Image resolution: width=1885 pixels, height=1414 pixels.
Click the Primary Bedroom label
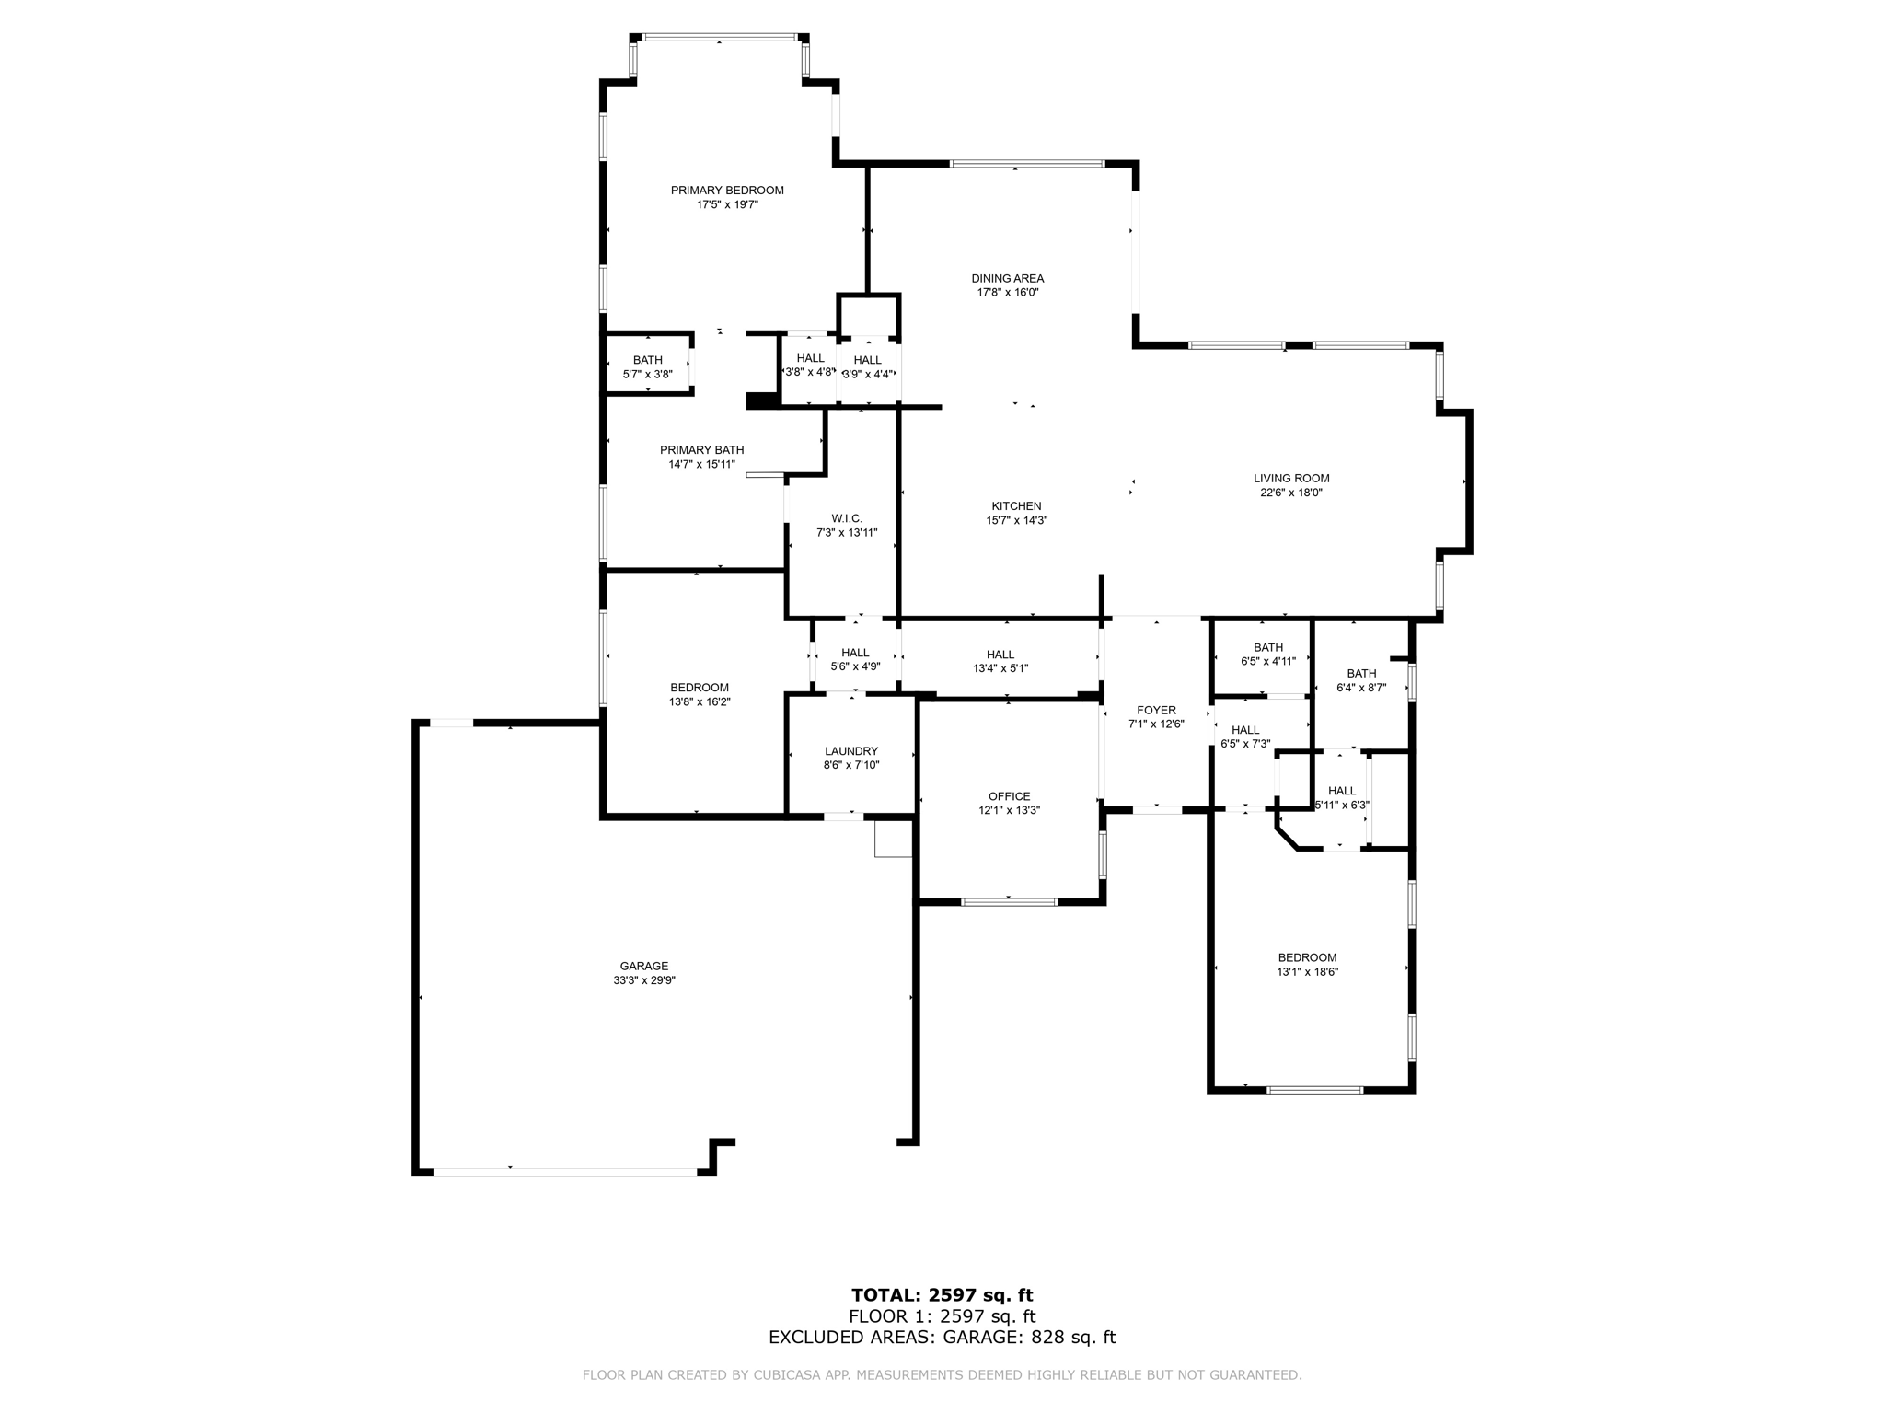[727, 191]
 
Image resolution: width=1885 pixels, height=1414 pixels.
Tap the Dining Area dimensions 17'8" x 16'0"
[1007, 293]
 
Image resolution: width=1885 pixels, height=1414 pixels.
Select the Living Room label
[1290, 479]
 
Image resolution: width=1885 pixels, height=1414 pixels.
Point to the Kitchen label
[1016, 506]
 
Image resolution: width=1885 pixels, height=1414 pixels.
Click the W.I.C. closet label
[846, 518]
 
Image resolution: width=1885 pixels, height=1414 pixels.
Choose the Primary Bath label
[701, 450]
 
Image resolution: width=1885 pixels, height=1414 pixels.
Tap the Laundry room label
[850, 751]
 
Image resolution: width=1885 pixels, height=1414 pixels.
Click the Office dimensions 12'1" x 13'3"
[1009, 811]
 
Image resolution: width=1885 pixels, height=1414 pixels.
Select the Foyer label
[1156, 711]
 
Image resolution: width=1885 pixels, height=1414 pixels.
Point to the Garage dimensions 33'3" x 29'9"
[643, 980]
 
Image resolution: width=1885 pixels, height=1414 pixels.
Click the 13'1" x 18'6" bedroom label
[1306, 957]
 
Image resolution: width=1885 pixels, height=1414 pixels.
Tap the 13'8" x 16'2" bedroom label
[699, 688]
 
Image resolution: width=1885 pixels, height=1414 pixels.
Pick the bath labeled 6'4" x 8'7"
[1360, 674]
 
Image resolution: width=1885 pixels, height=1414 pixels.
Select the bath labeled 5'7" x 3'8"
[647, 360]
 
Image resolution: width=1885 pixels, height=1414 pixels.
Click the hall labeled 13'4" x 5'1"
[1000, 655]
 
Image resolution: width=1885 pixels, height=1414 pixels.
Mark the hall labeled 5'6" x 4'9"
[854, 653]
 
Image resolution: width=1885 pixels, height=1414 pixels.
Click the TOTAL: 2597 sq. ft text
[942, 1295]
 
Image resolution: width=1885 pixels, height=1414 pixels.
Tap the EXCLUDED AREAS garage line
[942, 1338]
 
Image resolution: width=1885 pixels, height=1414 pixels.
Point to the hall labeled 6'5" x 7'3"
[1244, 730]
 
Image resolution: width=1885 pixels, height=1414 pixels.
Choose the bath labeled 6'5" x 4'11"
[1267, 648]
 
